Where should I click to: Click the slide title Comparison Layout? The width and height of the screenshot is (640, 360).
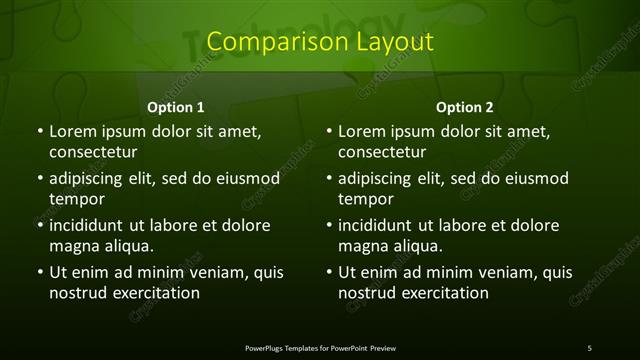tap(320, 42)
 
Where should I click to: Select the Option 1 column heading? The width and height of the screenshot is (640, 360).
tap(176, 107)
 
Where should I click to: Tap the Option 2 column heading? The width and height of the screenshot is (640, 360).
tap(464, 107)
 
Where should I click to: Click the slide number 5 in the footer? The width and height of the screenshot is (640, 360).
tap(589, 347)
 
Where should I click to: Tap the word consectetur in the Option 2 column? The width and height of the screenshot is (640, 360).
tap(382, 151)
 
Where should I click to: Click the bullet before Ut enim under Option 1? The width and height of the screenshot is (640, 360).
tap(38, 272)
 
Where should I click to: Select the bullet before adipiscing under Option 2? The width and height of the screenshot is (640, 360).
tap(328, 178)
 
